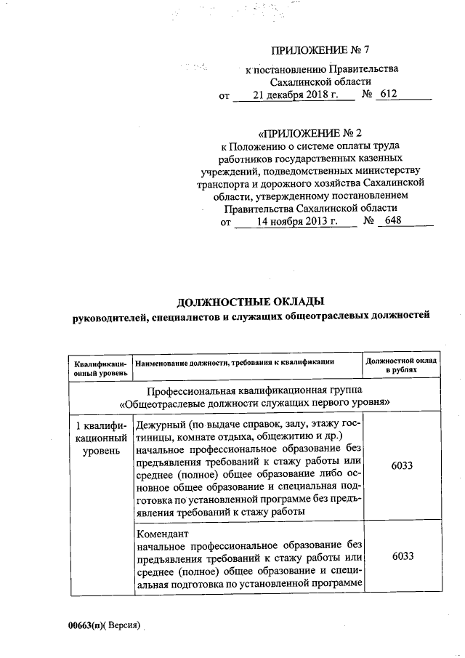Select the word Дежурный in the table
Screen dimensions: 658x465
pyautogui.click(x=160, y=424)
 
